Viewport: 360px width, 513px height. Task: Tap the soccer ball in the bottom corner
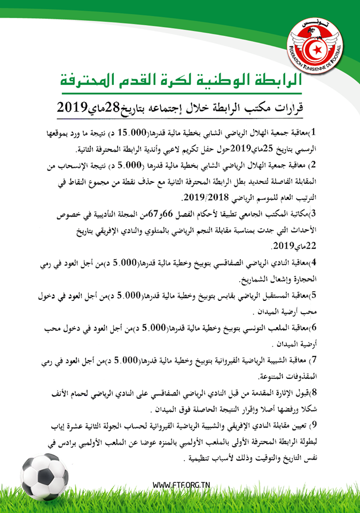(44, 474)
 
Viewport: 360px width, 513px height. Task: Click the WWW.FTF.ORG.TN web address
(181, 485)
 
